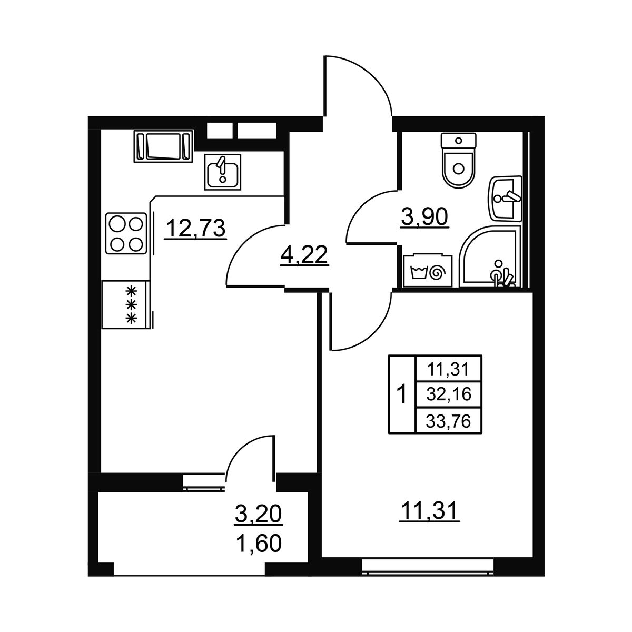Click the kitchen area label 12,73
coord(196,229)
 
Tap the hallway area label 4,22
coord(304,255)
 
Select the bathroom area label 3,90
coord(424,217)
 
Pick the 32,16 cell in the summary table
coord(449,394)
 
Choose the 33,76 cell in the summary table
coord(449,421)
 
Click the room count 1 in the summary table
coord(401,395)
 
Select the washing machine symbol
coord(428,270)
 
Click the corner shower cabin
coord(490,256)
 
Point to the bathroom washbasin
coord(505,198)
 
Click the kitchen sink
coord(223,172)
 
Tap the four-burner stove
coord(126,233)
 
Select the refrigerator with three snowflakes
coord(126,304)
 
